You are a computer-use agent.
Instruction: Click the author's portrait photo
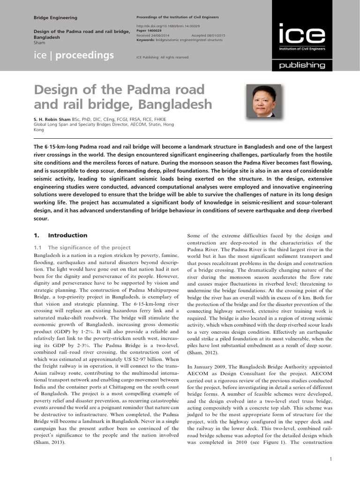coord(263,101)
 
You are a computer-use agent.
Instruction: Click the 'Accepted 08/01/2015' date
coord(209,36)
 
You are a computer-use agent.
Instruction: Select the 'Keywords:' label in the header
coord(146,40)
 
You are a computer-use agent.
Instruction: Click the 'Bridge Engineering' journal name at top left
coord(56,17)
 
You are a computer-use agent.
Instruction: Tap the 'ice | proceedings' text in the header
coord(74,56)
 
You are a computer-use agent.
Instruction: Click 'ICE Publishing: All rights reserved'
coord(162,57)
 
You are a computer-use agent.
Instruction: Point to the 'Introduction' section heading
coord(67,235)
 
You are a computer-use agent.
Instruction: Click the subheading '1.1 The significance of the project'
coord(82,247)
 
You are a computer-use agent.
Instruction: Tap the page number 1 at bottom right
coord(330,459)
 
